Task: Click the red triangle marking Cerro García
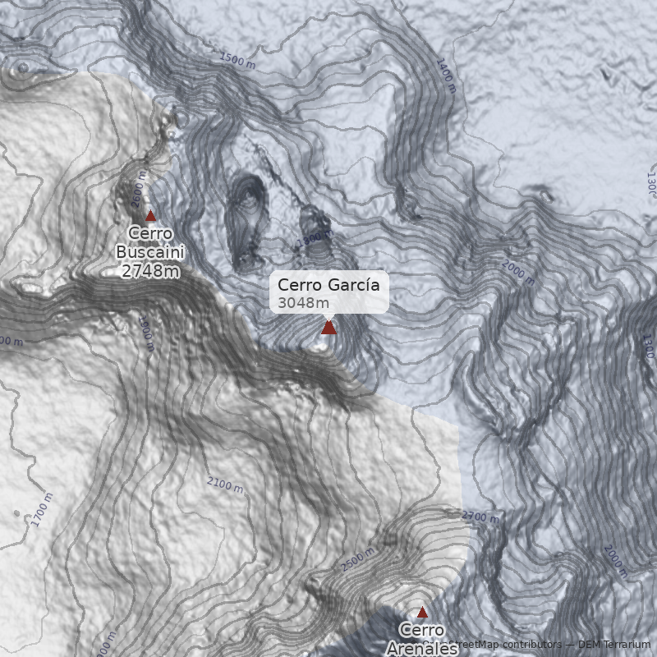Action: pos(328,328)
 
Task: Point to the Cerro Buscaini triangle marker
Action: pos(150,217)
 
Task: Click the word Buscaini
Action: pos(149,252)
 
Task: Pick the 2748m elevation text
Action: pos(149,271)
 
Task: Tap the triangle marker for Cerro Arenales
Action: pos(422,612)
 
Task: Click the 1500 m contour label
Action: pos(238,60)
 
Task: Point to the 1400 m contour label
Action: pos(445,76)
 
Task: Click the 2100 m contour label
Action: pos(225,485)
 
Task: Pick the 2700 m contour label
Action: pos(480,517)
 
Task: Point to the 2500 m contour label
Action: pos(359,558)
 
